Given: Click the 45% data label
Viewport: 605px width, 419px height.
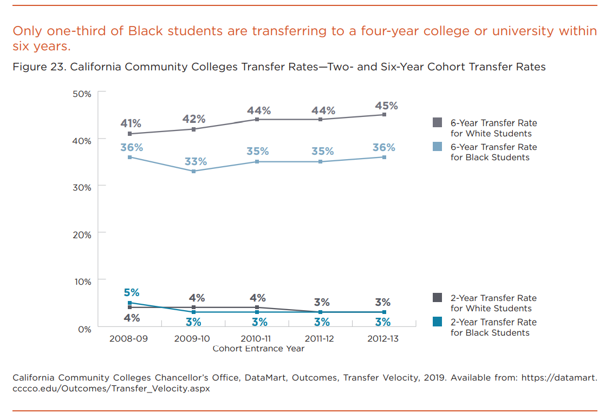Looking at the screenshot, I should pos(387,106).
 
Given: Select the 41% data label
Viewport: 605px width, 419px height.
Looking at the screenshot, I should pos(131,123).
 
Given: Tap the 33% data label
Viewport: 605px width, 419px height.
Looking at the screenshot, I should pos(196,161).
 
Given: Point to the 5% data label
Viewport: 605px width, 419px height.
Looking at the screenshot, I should pos(132,292).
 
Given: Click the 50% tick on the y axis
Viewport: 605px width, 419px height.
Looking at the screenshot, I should pos(82,94).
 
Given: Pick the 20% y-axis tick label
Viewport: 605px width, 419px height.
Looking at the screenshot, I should pos(82,234).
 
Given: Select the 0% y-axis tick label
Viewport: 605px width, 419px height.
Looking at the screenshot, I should pos(84,329).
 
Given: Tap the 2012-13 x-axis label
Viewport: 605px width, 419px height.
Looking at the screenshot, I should pos(383,339).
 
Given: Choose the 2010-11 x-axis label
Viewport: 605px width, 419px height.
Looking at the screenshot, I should pos(256,339).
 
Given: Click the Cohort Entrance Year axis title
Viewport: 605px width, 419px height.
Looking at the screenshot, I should pos(258,349).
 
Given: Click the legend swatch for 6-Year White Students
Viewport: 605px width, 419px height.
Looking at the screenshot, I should pos(438,123).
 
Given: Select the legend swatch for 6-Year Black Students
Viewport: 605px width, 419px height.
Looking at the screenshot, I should pos(438,147).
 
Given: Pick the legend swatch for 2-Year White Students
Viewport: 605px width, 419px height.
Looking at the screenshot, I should pos(438,298).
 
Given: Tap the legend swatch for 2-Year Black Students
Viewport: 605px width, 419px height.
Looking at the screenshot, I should pos(438,322).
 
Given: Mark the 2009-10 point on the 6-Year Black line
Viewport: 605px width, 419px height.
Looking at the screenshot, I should pos(194,171).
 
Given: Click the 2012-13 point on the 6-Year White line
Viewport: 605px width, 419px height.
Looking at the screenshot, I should pos(384,115).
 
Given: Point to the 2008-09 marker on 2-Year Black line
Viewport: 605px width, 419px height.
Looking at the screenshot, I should pos(130,303).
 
